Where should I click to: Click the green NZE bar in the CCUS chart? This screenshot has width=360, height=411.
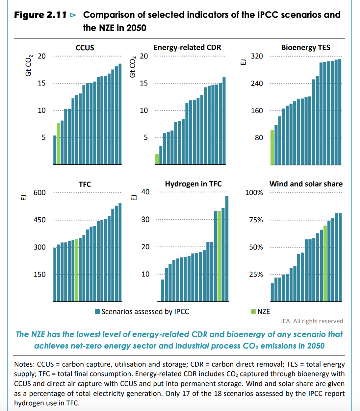tap(58, 144)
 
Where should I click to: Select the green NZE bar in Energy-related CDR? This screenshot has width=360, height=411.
tap(157, 159)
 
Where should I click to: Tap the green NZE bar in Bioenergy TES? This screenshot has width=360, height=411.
tap(272, 147)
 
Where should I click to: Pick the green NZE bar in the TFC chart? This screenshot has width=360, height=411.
tap(77, 270)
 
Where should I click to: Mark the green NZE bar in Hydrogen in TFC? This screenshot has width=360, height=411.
tap(219, 256)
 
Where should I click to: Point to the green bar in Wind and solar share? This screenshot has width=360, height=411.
tap(325, 263)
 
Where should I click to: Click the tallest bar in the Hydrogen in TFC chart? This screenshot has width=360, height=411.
tap(227, 248)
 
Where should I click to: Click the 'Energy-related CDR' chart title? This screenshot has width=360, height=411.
tap(187, 47)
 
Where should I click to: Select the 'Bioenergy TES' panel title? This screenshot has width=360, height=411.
tap(305, 47)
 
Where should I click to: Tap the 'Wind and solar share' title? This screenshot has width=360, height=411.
tap(306, 184)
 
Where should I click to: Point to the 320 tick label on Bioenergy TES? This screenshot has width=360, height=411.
tap(257, 56)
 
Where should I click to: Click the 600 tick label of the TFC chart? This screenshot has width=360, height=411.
tap(39, 193)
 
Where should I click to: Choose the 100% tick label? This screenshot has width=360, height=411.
tap(254, 193)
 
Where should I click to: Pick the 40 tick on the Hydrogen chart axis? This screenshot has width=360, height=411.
tap(145, 192)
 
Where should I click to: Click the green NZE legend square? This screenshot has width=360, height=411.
tap(253, 311)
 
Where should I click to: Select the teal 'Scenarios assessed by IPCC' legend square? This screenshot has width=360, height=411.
tap(97, 311)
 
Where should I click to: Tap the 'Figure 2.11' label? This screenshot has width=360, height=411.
tap(40, 15)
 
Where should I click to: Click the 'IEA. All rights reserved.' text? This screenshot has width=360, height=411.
tap(313, 321)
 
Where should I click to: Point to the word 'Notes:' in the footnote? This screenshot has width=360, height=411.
tap(24, 364)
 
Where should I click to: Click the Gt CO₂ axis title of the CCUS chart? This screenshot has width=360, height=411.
tap(29, 65)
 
